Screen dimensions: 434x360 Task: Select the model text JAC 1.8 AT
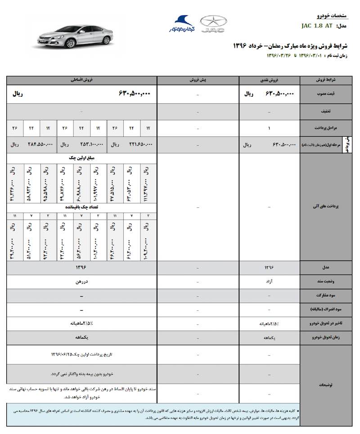(317, 26)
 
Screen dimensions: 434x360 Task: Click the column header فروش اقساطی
(81, 80)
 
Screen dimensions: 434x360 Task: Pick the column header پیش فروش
(198, 80)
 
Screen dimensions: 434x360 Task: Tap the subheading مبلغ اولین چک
(81, 158)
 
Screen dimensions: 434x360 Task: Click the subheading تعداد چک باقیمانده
(81, 207)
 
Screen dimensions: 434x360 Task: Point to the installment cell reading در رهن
(81, 282)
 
